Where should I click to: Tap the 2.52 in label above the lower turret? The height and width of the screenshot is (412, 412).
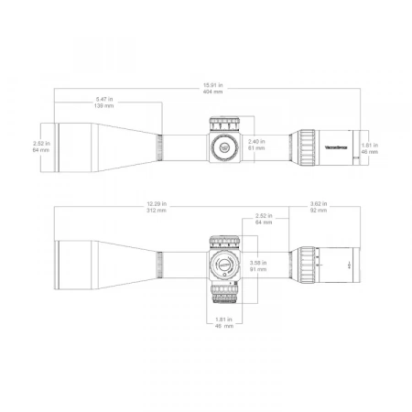(265, 220)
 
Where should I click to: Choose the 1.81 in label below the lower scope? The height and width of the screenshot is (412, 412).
(224, 321)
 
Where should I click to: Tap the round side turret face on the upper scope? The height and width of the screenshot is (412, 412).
(223, 146)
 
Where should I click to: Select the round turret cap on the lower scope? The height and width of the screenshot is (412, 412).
(222, 265)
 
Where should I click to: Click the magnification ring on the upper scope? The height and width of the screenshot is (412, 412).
(303, 146)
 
